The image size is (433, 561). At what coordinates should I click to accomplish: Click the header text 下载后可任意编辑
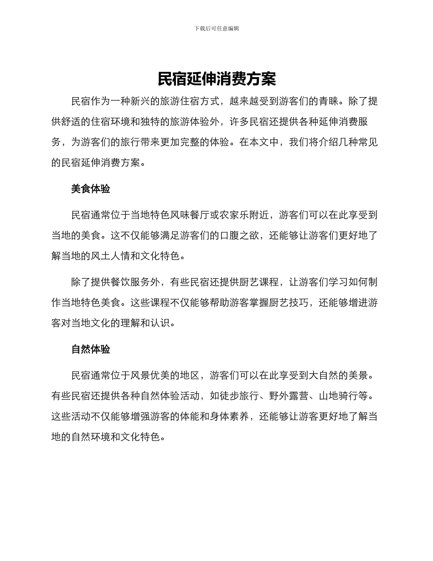[x=216, y=28]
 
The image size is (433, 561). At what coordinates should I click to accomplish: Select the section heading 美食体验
[x=91, y=189]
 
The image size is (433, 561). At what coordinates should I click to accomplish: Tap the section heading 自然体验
[x=91, y=349]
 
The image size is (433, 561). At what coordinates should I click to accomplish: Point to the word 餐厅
[x=190, y=215]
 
